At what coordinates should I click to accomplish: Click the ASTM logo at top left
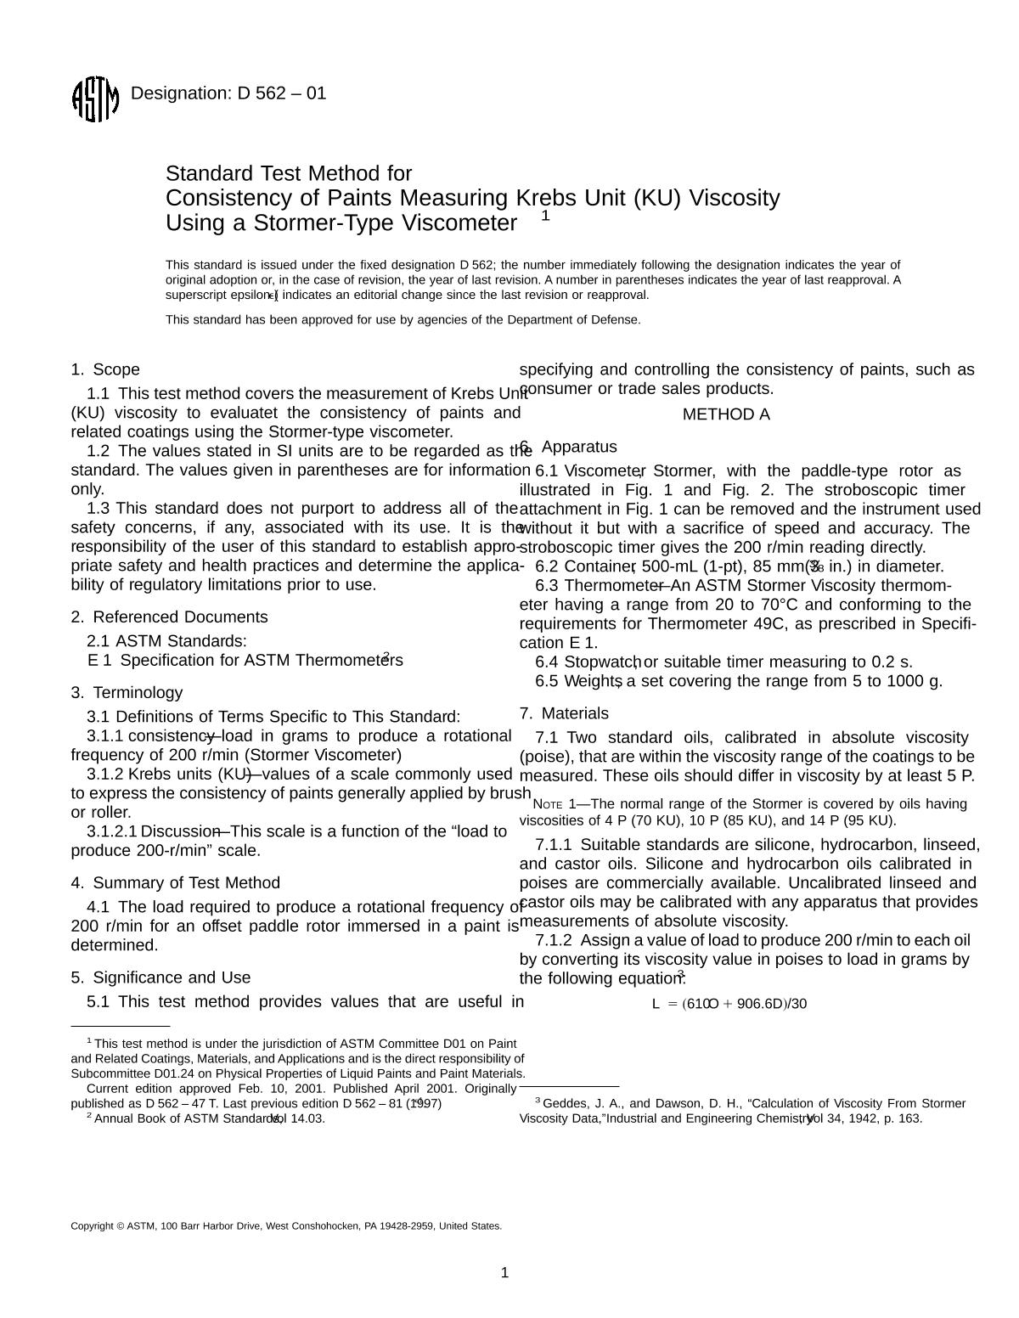(94, 99)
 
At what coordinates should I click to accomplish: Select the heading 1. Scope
(105, 369)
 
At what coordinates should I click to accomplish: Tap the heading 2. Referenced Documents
(169, 617)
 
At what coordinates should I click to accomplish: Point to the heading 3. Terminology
(127, 693)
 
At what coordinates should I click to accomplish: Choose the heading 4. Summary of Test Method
(175, 883)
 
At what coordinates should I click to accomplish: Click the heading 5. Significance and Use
(160, 977)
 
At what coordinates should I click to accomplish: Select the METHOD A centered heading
(726, 414)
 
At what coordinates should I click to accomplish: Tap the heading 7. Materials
(565, 713)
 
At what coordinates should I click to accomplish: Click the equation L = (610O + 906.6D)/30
(729, 1004)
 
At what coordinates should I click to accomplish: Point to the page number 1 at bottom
(505, 1272)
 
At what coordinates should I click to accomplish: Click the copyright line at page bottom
(286, 1226)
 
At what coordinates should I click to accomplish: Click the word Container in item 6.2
(599, 567)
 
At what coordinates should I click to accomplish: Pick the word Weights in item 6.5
(593, 681)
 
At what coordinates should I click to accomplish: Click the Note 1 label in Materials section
(552, 804)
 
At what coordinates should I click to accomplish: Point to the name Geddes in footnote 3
(564, 1103)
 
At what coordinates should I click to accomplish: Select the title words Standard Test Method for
(289, 174)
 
